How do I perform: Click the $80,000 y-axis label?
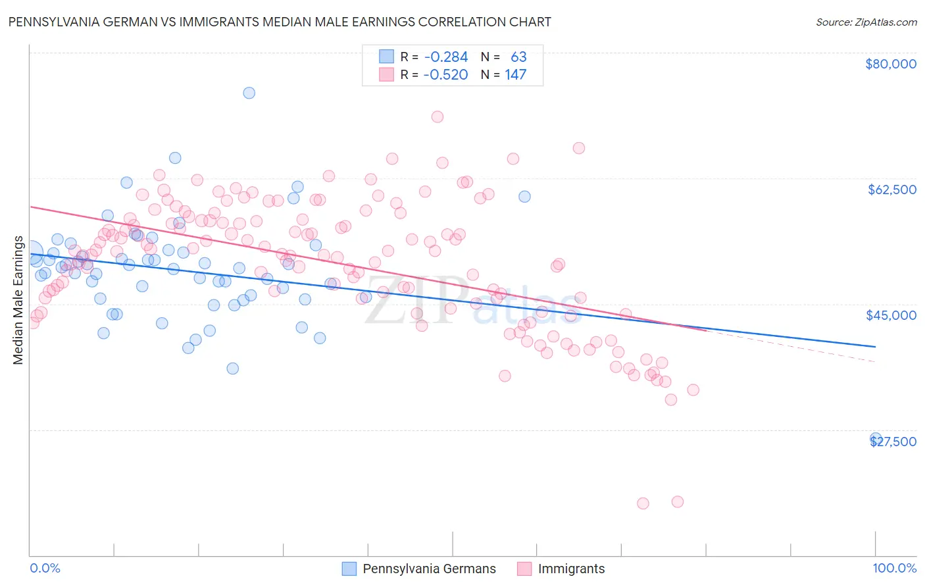click(x=891, y=64)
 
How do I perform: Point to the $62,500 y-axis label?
click(x=891, y=190)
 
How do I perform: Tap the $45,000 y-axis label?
click(x=891, y=315)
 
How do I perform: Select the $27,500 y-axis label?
click(x=893, y=442)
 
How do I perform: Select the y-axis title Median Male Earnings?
click(x=18, y=300)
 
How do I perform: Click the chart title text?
click(x=280, y=22)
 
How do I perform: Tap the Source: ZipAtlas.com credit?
click(x=866, y=22)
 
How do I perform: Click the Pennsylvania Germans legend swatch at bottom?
click(x=349, y=569)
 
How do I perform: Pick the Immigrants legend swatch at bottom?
click(x=524, y=569)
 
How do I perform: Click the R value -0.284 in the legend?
click(x=445, y=57)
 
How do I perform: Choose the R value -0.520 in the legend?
click(x=445, y=75)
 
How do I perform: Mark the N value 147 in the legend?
click(x=515, y=75)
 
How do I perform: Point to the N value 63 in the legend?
click(x=518, y=57)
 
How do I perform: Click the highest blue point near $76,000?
click(x=249, y=93)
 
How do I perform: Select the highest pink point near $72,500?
click(x=438, y=116)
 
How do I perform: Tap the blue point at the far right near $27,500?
click(x=876, y=438)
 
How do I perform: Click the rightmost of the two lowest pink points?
click(x=677, y=501)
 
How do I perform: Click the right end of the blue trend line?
click(x=875, y=346)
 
